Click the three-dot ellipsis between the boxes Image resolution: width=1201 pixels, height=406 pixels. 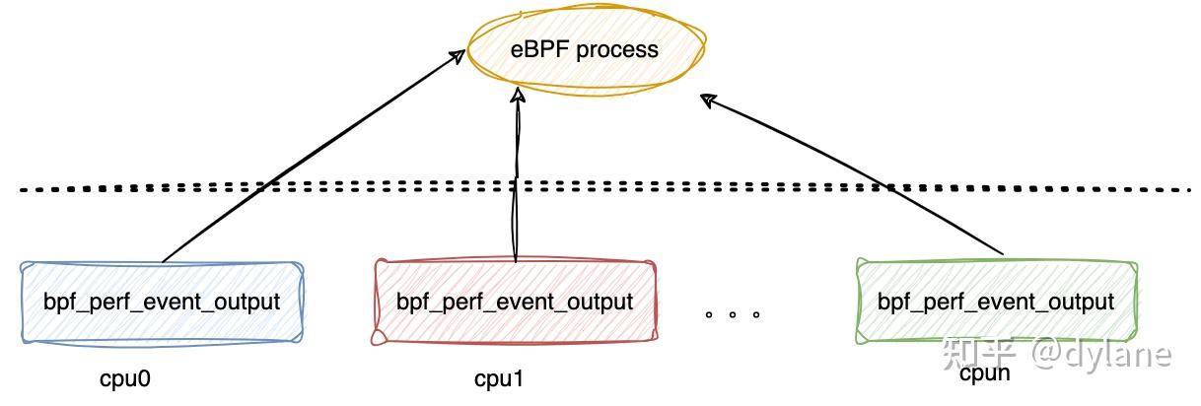733,315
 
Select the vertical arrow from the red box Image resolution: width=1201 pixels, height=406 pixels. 516,177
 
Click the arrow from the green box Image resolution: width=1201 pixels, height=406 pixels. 858,177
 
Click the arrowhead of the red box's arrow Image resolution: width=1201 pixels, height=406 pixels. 517,96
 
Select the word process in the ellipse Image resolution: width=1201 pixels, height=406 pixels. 617,49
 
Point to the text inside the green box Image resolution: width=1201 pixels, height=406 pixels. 996,302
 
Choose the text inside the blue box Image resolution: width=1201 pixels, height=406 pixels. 161,302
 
